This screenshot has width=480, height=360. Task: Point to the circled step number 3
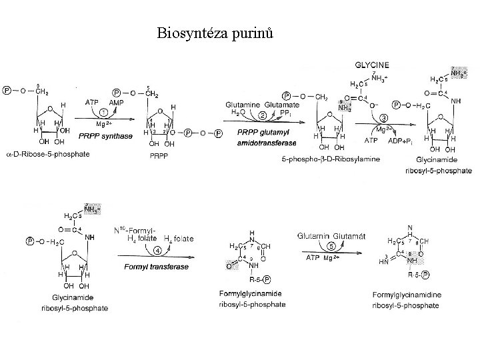[384, 118]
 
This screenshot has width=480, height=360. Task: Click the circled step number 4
[158, 251]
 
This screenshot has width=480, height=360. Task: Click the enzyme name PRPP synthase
[107, 135]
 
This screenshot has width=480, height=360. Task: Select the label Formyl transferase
[156, 267]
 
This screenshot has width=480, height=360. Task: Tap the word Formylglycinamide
[252, 294]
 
